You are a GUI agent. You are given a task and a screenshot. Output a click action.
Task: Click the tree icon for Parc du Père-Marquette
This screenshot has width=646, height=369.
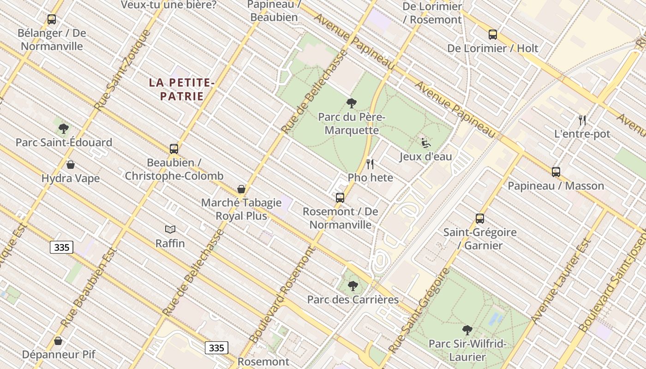352,103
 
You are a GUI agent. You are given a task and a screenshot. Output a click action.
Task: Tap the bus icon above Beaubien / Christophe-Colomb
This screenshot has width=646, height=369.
174,149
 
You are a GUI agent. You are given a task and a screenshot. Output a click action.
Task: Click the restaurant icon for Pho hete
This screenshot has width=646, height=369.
370,164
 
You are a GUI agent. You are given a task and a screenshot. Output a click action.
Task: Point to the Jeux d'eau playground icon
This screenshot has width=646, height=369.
425,143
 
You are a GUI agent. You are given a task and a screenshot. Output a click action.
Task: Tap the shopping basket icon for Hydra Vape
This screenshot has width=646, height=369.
71,165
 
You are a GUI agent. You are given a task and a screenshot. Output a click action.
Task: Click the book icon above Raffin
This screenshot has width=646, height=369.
170,229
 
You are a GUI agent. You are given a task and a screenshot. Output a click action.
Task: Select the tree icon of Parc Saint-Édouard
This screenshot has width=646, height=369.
64,129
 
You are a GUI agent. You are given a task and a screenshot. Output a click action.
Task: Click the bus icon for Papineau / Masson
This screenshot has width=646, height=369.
556,172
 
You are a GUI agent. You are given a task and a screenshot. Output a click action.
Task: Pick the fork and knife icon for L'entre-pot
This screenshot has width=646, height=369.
582,120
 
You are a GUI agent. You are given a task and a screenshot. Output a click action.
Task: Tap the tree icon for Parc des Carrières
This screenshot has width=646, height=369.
353,286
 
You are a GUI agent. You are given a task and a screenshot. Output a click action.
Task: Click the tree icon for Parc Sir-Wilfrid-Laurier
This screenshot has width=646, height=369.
467,330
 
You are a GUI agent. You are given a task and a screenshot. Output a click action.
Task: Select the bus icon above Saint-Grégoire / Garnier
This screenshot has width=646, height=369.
480,219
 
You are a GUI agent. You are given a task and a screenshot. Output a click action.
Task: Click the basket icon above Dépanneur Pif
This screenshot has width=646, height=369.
58,341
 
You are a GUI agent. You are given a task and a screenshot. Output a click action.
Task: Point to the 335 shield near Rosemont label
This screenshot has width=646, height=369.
216,348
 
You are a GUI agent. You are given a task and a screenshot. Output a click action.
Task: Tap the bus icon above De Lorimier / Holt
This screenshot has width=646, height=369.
493,35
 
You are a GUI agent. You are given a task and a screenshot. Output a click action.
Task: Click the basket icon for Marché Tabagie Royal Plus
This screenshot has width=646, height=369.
241,189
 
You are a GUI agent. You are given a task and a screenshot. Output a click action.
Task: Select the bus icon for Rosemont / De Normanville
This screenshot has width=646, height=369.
340,198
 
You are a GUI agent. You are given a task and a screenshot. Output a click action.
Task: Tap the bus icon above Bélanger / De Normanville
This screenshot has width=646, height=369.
52,19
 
